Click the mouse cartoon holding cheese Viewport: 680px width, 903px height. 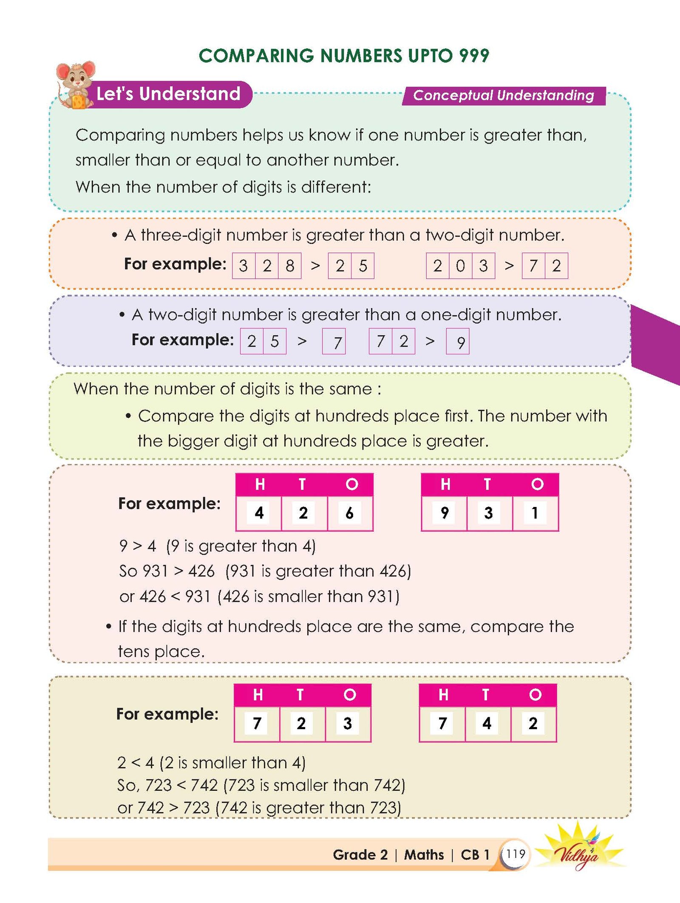[x=75, y=85]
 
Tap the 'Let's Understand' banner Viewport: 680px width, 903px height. [x=168, y=94]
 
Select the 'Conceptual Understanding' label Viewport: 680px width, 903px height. [x=503, y=95]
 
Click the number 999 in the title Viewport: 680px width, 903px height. [x=474, y=56]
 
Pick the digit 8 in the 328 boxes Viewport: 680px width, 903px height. [x=290, y=266]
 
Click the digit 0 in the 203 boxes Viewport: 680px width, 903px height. [x=460, y=266]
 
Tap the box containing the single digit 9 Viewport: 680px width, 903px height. [x=458, y=341]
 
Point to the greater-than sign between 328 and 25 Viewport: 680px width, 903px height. [x=315, y=266]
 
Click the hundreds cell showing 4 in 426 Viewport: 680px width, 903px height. [x=259, y=513]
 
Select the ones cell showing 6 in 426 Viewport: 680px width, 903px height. [x=350, y=513]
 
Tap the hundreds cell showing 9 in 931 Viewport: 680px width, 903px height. [x=444, y=513]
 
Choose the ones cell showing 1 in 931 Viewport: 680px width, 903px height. [x=535, y=513]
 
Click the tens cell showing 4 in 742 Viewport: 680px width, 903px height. [x=487, y=723]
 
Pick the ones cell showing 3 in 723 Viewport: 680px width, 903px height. [x=348, y=723]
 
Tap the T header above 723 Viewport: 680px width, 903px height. [x=300, y=695]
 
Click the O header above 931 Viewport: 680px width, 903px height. [x=537, y=484]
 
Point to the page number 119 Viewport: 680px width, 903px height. [x=516, y=854]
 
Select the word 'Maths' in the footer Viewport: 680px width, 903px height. [x=424, y=855]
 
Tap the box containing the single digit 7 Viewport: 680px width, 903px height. [x=334, y=341]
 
